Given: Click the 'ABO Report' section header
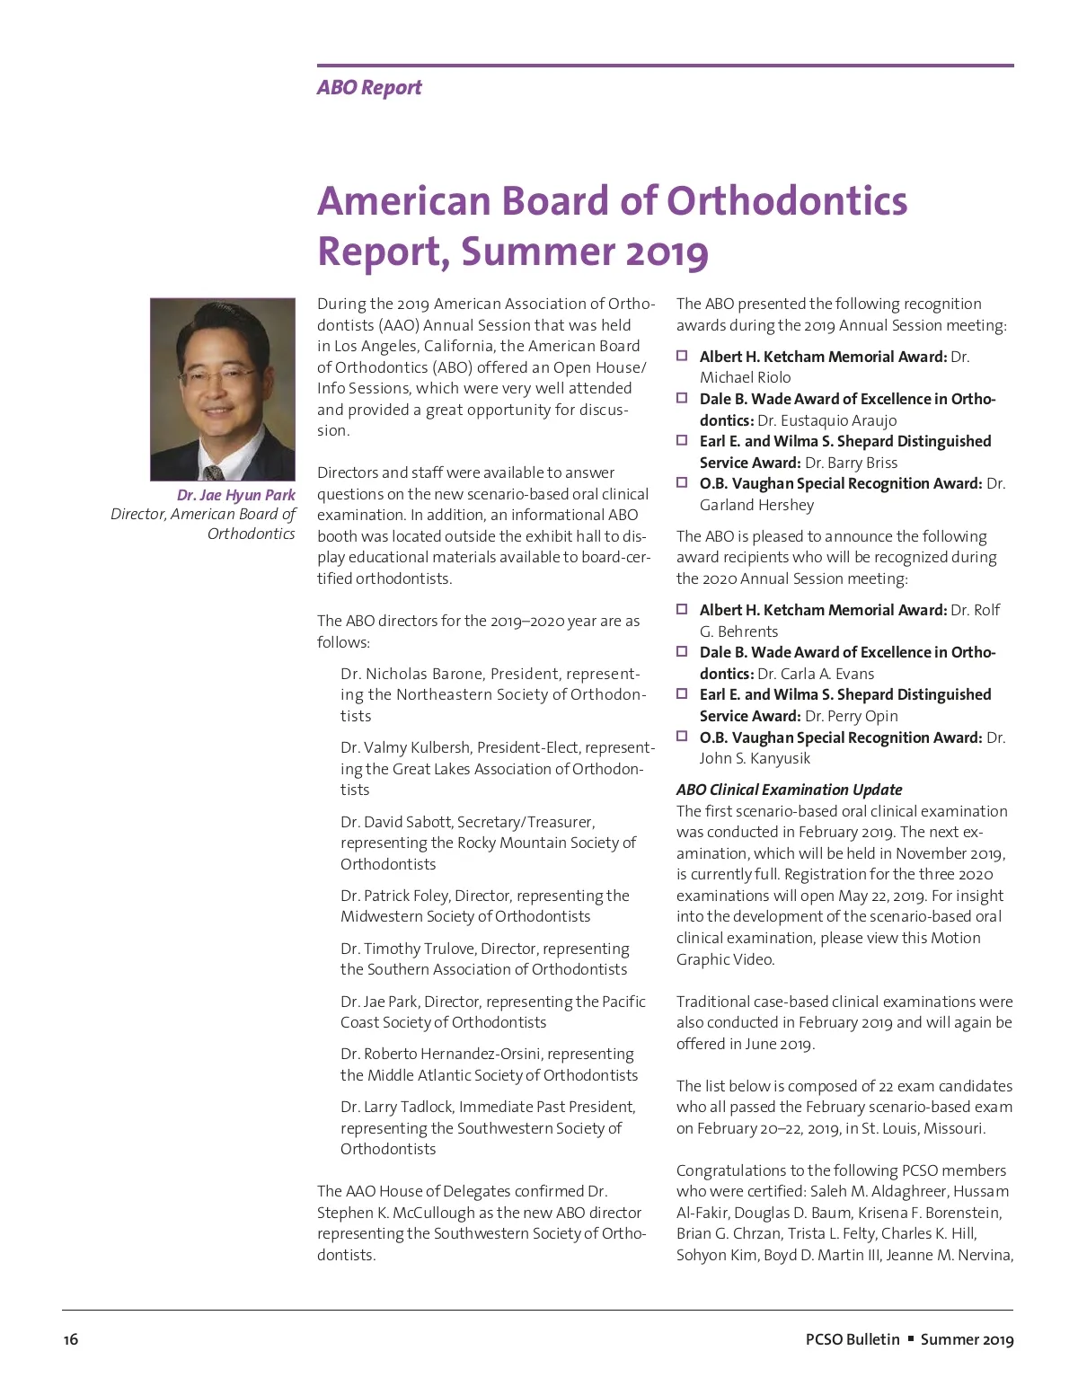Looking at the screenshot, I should click(369, 88).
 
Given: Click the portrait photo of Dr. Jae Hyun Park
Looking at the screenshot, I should click(223, 389).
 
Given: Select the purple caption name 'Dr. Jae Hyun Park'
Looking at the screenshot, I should click(236, 495).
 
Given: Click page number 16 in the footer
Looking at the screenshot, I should click(71, 1339).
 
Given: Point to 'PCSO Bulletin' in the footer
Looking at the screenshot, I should click(853, 1339).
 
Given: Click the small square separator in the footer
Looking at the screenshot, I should click(911, 1338).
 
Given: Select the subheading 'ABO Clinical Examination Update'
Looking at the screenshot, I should click(789, 790).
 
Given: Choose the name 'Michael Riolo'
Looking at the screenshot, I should click(745, 377).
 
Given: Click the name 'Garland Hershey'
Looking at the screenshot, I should click(756, 505).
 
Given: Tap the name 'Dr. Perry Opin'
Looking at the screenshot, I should click(852, 716).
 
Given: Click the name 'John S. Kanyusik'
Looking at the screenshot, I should click(755, 758).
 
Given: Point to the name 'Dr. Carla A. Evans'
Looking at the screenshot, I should click(816, 674).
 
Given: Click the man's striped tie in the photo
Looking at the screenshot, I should click(214, 472).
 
